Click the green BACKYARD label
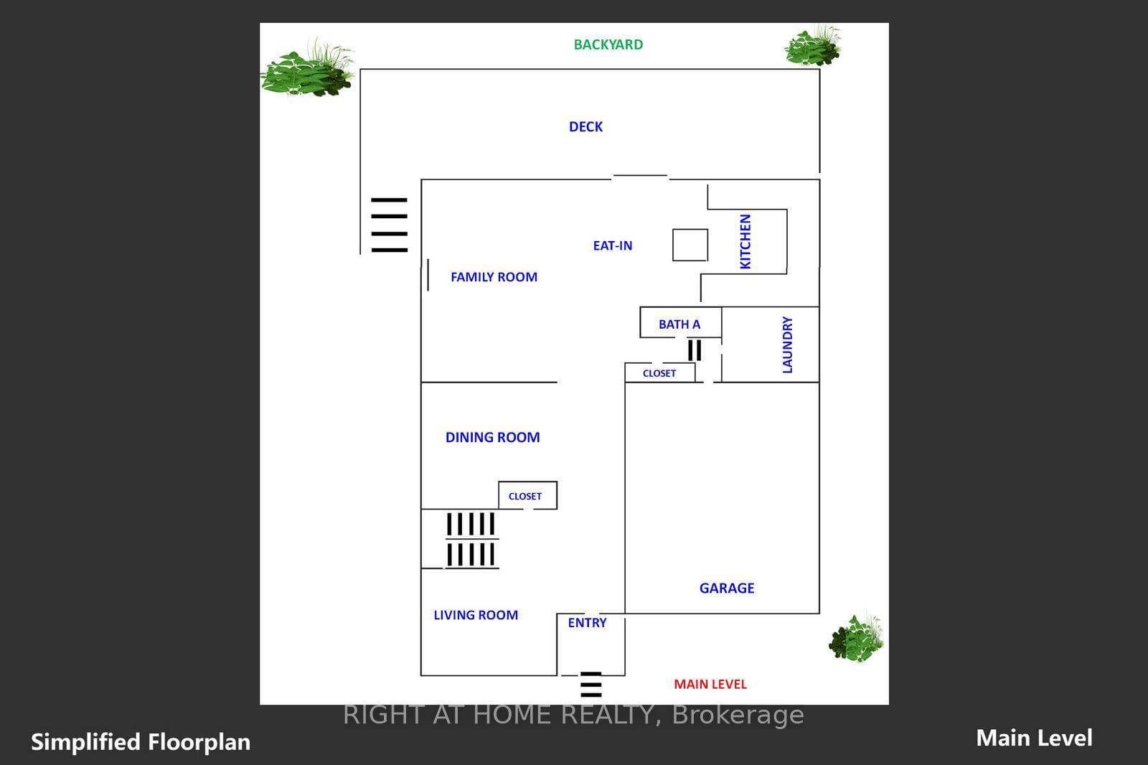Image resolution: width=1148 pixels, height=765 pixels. (608, 44)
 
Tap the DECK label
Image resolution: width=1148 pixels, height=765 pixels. (585, 126)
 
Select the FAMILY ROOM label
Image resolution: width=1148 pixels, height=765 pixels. (494, 277)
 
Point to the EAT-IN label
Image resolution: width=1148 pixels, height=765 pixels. (613, 245)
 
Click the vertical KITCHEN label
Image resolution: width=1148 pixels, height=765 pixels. (745, 242)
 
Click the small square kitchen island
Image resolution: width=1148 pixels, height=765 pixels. (690, 245)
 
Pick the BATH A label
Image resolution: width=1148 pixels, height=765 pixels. (679, 324)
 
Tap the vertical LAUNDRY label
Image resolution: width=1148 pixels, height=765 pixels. (787, 344)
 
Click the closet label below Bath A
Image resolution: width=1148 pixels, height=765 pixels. (659, 373)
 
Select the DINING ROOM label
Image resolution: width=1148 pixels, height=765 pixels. (492, 437)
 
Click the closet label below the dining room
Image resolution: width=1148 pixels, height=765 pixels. (524, 497)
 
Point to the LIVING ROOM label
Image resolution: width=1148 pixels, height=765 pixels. (476, 615)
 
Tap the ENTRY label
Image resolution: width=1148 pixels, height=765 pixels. (588, 623)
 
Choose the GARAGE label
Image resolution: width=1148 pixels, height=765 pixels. (727, 588)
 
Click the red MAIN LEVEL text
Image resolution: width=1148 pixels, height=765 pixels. (710, 685)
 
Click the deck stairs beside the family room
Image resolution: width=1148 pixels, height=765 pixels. (389, 225)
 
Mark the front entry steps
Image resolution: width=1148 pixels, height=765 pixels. (591, 685)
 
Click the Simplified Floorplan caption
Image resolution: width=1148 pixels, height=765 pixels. (141, 742)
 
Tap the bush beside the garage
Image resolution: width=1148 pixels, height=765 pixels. (857, 637)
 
